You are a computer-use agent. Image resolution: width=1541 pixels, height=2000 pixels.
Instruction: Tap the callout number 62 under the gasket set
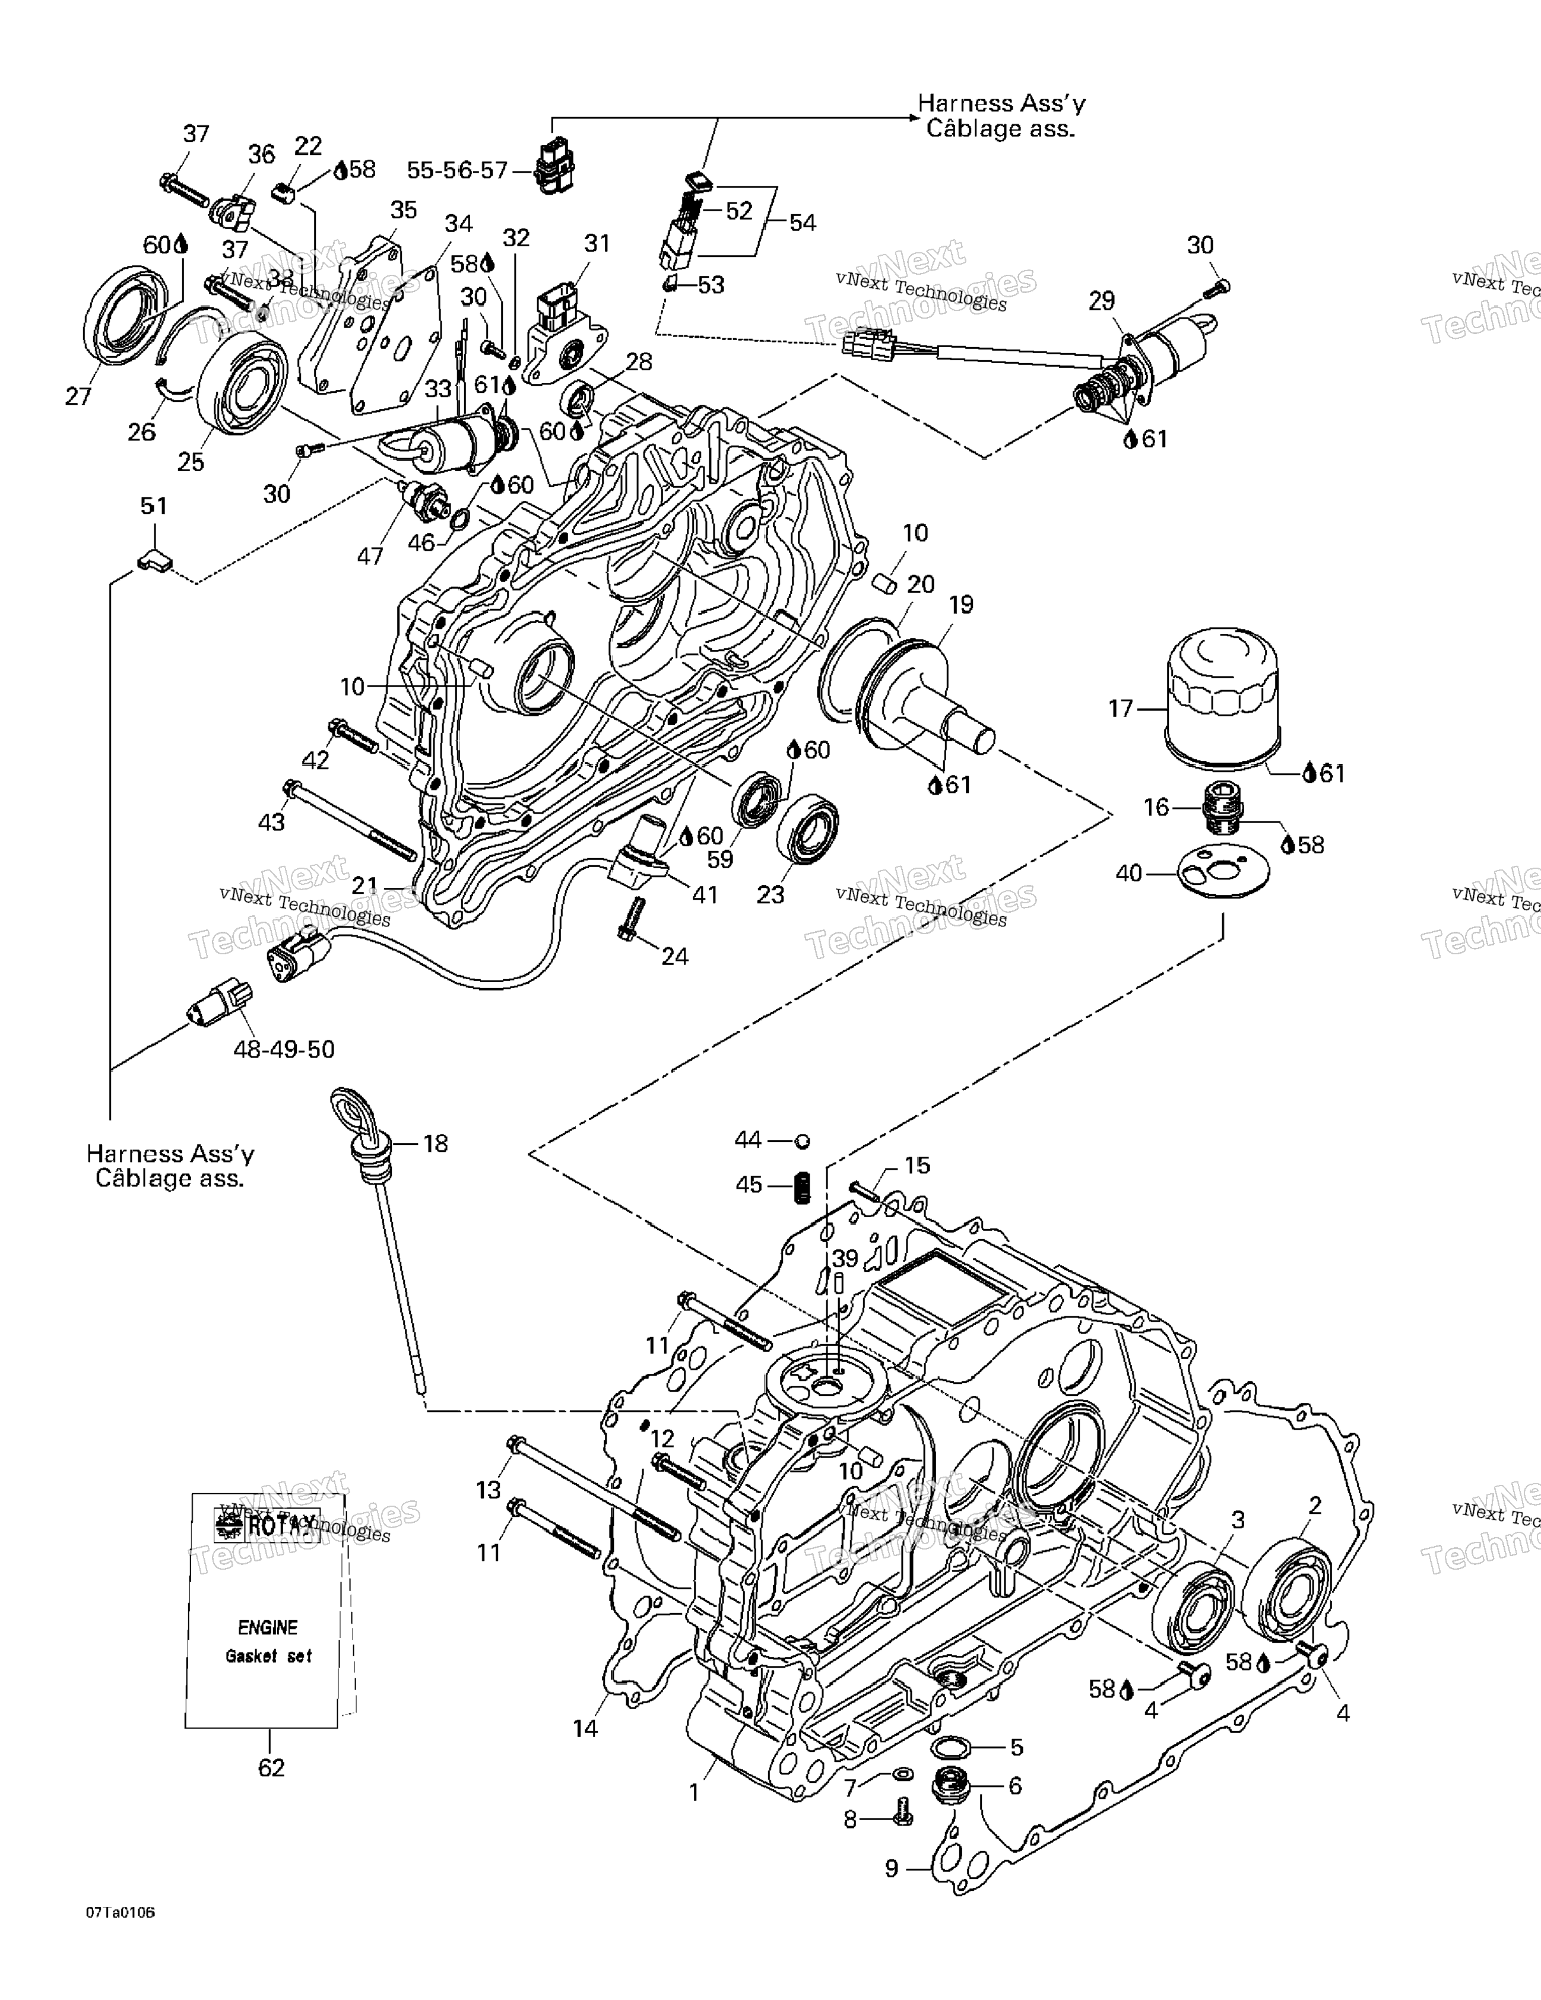(271, 1767)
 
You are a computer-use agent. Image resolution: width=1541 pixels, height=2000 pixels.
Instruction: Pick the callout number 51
(153, 506)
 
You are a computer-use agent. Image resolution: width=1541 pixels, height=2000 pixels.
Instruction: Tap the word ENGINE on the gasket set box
(268, 1627)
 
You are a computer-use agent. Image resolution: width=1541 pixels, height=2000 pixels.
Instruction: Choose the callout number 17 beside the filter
(1121, 708)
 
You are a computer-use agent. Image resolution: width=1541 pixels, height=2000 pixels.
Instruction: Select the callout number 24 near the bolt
(674, 956)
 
